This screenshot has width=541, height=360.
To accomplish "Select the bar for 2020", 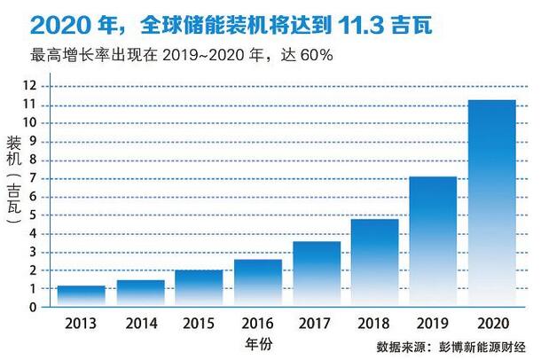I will click(x=491, y=204).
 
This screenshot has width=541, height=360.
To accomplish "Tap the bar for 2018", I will click(x=374, y=263).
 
